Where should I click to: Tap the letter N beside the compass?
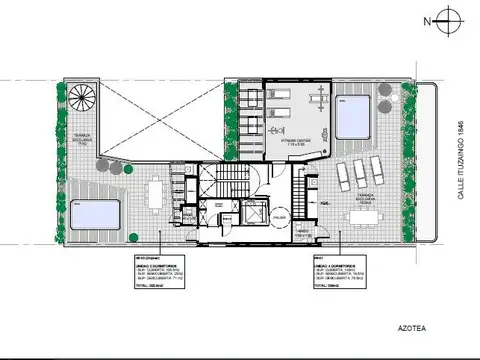[x=426, y=20]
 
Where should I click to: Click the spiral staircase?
[x=82, y=97]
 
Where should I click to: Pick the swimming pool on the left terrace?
[x=95, y=213]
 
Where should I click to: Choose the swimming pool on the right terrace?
[x=353, y=115]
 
